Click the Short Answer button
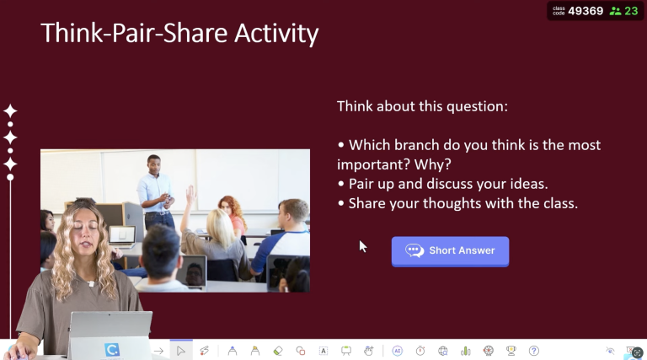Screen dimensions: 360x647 click(x=450, y=250)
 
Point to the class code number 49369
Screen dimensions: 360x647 click(x=586, y=11)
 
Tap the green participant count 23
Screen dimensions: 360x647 click(x=631, y=11)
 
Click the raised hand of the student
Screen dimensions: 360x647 click(x=190, y=194)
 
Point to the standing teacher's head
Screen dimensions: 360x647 click(x=153, y=163)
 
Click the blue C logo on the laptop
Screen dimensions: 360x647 click(x=112, y=349)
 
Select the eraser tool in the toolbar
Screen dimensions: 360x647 click(x=278, y=351)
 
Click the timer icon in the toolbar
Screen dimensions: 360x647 click(x=420, y=351)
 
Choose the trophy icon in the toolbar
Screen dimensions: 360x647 click(x=511, y=351)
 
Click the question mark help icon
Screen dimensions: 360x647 click(x=533, y=351)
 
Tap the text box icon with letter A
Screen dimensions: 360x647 click(x=323, y=351)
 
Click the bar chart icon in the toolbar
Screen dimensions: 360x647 click(x=465, y=351)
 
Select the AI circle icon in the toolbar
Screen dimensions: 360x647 click(x=397, y=351)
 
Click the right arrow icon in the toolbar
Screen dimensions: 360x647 click(x=158, y=351)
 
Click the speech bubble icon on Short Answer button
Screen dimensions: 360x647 click(x=414, y=250)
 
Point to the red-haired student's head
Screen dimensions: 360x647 click(x=227, y=205)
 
